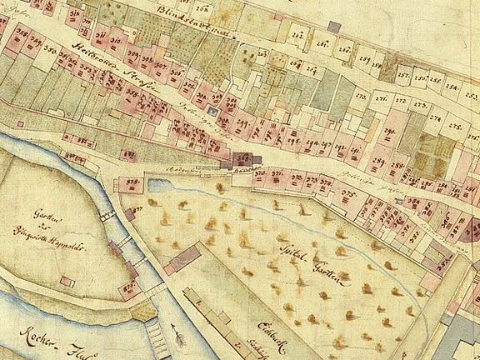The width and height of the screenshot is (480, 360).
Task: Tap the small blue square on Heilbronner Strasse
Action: (x=214, y=111)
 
